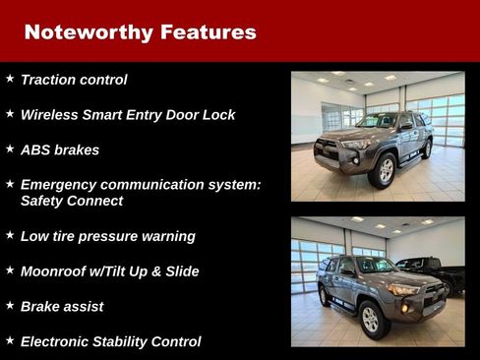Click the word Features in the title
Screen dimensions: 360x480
click(208, 32)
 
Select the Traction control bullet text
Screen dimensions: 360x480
click(74, 80)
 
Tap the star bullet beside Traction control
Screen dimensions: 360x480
click(10, 79)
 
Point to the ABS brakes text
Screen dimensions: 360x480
click(60, 150)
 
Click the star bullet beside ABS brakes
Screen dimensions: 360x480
click(10, 150)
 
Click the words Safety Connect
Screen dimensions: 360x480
click(72, 201)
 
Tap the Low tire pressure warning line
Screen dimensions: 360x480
click(107, 236)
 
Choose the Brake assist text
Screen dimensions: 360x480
click(62, 307)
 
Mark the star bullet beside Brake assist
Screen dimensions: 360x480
click(10, 306)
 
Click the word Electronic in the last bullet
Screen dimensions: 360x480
click(60, 342)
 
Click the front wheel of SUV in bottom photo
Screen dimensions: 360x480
click(370, 318)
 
